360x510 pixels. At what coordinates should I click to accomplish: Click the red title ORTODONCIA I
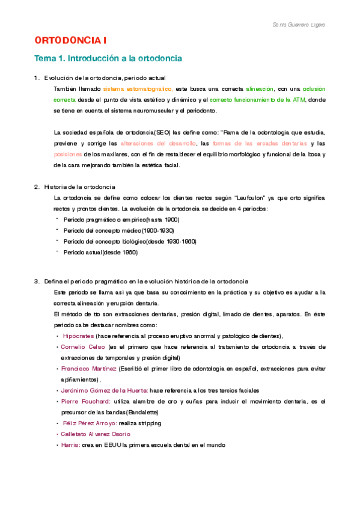point(71,40)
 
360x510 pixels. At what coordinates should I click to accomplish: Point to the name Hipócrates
point(78,336)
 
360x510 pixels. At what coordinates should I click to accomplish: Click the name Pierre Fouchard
point(85,401)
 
